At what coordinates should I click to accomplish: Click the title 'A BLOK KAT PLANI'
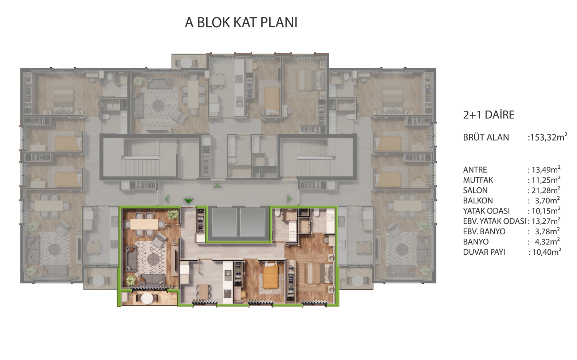(241, 23)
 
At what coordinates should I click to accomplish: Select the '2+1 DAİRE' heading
(488, 115)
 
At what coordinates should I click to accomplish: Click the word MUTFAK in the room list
(478, 180)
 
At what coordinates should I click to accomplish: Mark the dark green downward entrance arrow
(189, 201)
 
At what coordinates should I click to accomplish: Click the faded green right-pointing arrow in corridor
(290, 199)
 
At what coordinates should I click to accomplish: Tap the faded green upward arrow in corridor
(218, 185)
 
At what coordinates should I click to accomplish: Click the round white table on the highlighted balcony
(147, 298)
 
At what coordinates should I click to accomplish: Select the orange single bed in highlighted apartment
(270, 277)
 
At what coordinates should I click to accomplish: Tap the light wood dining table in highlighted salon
(144, 224)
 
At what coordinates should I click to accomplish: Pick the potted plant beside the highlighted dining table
(173, 214)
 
